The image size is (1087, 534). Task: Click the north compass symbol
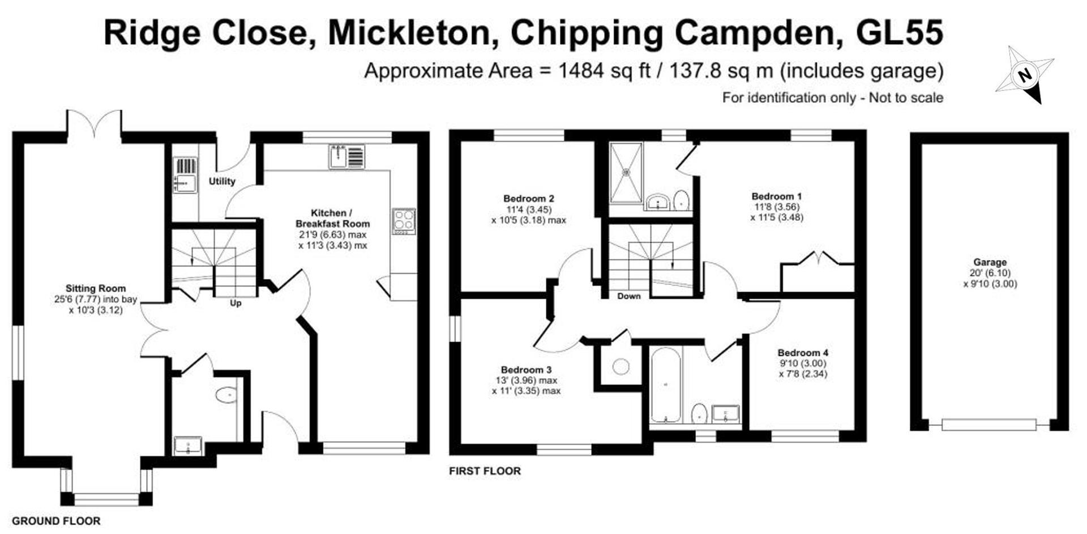pyautogui.click(x=1025, y=75)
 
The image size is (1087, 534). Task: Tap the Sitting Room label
pyautogui.click(x=96, y=288)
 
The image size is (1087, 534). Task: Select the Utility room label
pyautogui.click(x=222, y=181)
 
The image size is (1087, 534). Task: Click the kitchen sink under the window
pyautogui.click(x=346, y=157)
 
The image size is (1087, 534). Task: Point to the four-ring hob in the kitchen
pyautogui.click(x=404, y=221)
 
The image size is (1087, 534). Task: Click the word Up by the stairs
pyautogui.click(x=236, y=304)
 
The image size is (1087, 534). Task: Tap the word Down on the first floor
pyautogui.click(x=628, y=296)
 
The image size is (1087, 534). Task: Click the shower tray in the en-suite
pyautogui.click(x=626, y=172)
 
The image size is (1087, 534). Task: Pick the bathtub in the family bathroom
pyautogui.click(x=665, y=385)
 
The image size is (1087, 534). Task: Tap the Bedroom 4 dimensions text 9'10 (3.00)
pyautogui.click(x=803, y=364)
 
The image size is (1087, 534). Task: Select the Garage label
pyautogui.click(x=990, y=262)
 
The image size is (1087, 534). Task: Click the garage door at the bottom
pyautogui.click(x=989, y=424)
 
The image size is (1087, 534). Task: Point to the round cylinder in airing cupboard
pyautogui.click(x=620, y=366)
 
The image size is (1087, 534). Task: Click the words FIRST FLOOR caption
pyautogui.click(x=485, y=471)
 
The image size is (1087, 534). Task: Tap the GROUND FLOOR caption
pyautogui.click(x=56, y=521)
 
